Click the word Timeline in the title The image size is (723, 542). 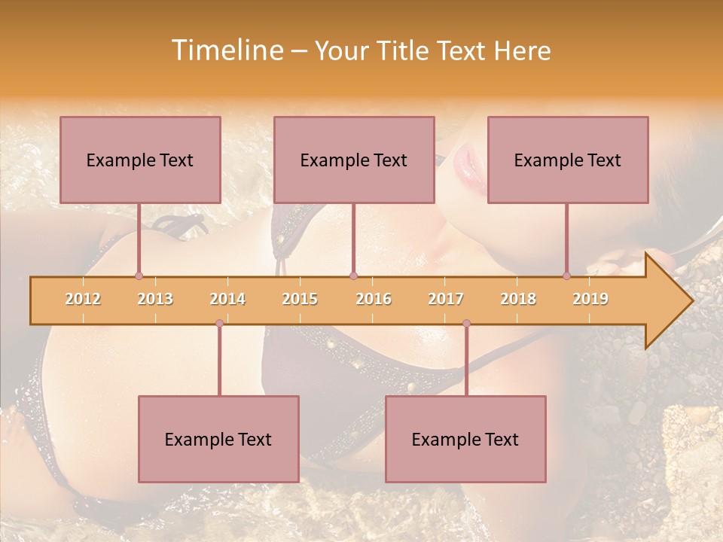point(225,50)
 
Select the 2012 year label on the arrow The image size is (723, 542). point(83,299)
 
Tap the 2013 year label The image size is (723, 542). point(155,299)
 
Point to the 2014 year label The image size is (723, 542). point(227,299)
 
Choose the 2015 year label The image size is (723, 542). point(300,299)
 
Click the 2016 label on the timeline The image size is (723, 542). point(374,299)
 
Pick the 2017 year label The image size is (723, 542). point(446,299)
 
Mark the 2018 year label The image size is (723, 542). point(518,299)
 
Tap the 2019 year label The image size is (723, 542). point(590,299)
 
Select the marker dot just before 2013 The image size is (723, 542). point(139,276)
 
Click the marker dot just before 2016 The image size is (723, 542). point(353,276)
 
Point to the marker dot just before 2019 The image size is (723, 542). point(566,276)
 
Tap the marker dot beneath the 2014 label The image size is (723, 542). point(219,323)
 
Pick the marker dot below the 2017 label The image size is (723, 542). point(466,323)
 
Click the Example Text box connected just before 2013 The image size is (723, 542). point(140,160)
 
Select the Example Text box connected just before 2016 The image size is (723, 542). point(354,160)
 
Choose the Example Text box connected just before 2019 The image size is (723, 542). point(568,160)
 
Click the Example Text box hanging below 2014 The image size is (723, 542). point(218,439)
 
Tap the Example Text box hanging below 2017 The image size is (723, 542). point(465,439)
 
